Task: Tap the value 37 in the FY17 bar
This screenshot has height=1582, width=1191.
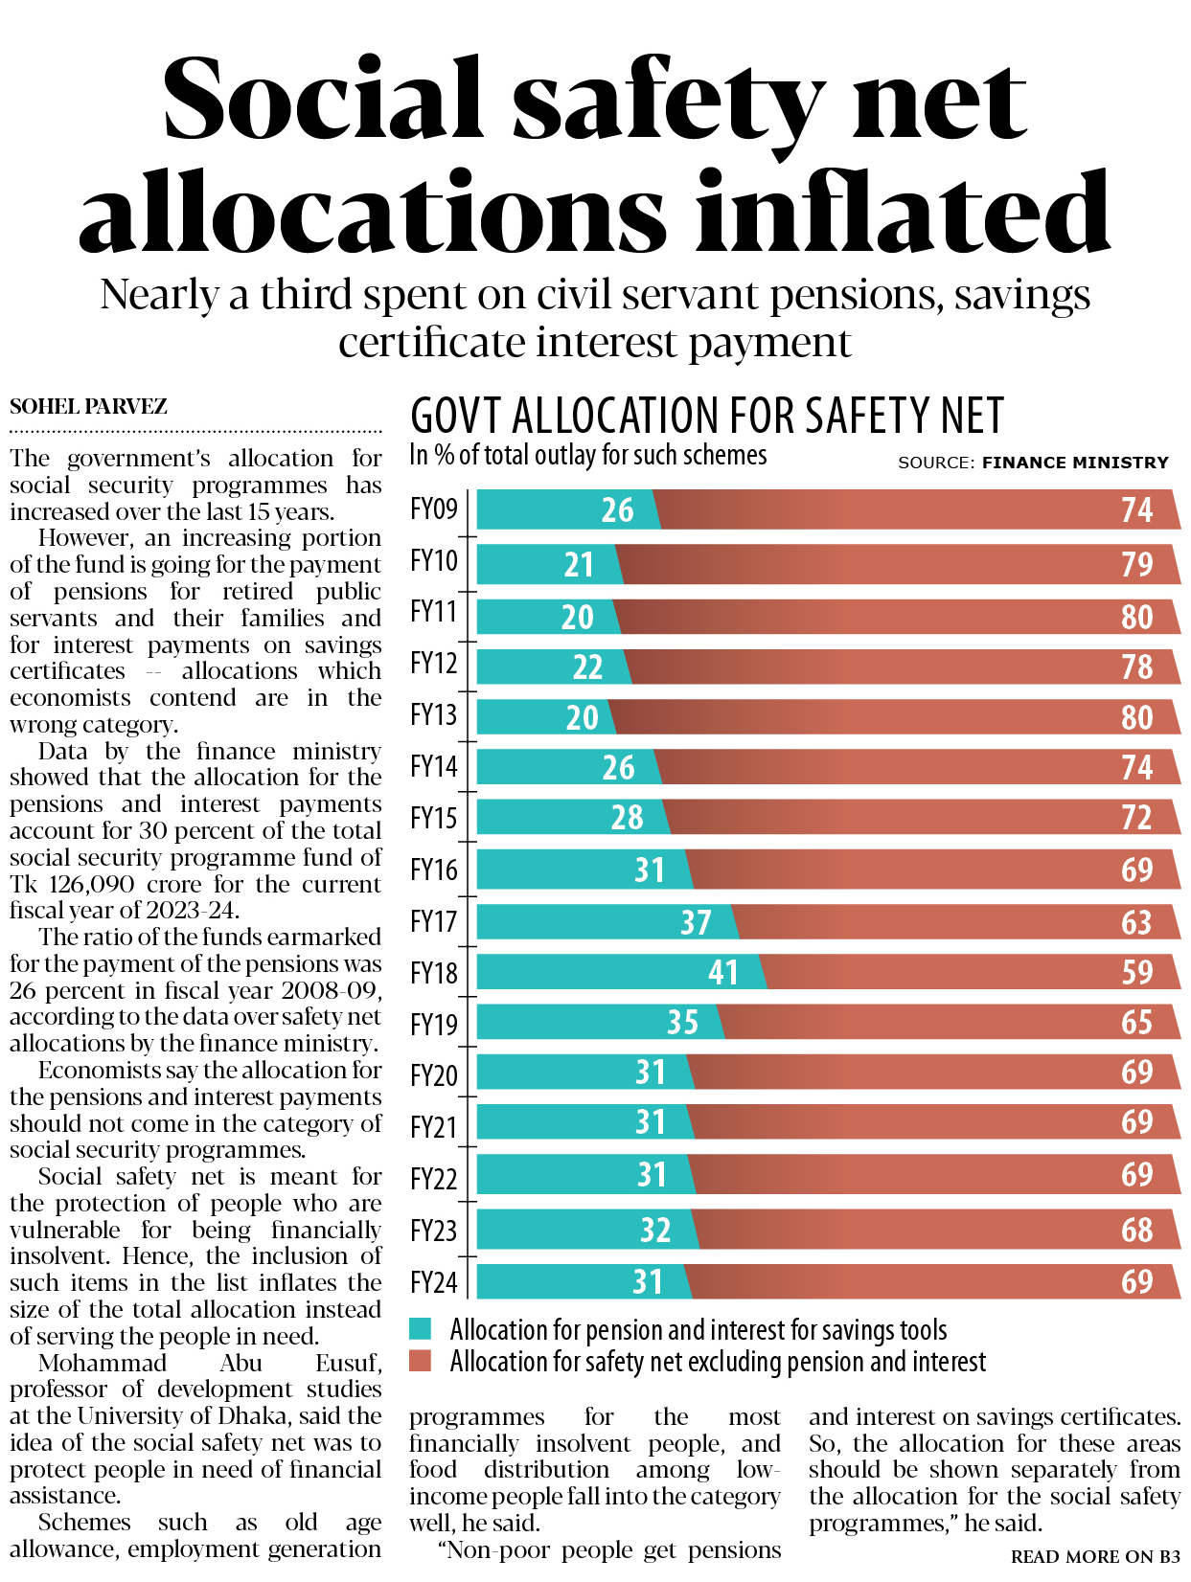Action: point(696,922)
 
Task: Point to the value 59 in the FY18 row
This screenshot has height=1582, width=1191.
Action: point(1136,972)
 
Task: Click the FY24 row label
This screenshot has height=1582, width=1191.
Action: point(434,1282)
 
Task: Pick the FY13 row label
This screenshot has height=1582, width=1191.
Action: point(434,715)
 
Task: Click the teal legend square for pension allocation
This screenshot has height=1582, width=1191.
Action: point(420,1329)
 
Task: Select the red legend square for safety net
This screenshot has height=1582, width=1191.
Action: point(420,1361)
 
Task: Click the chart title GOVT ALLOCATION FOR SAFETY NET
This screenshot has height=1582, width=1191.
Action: point(706,417)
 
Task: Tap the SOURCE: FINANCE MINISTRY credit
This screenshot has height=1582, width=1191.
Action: point(1033,463)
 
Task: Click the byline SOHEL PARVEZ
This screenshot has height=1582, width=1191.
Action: point(88,407)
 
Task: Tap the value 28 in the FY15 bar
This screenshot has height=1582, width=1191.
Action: point(627,817)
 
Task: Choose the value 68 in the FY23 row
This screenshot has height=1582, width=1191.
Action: point(1136,1230)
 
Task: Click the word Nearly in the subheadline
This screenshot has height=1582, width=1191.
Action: point(159,295)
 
